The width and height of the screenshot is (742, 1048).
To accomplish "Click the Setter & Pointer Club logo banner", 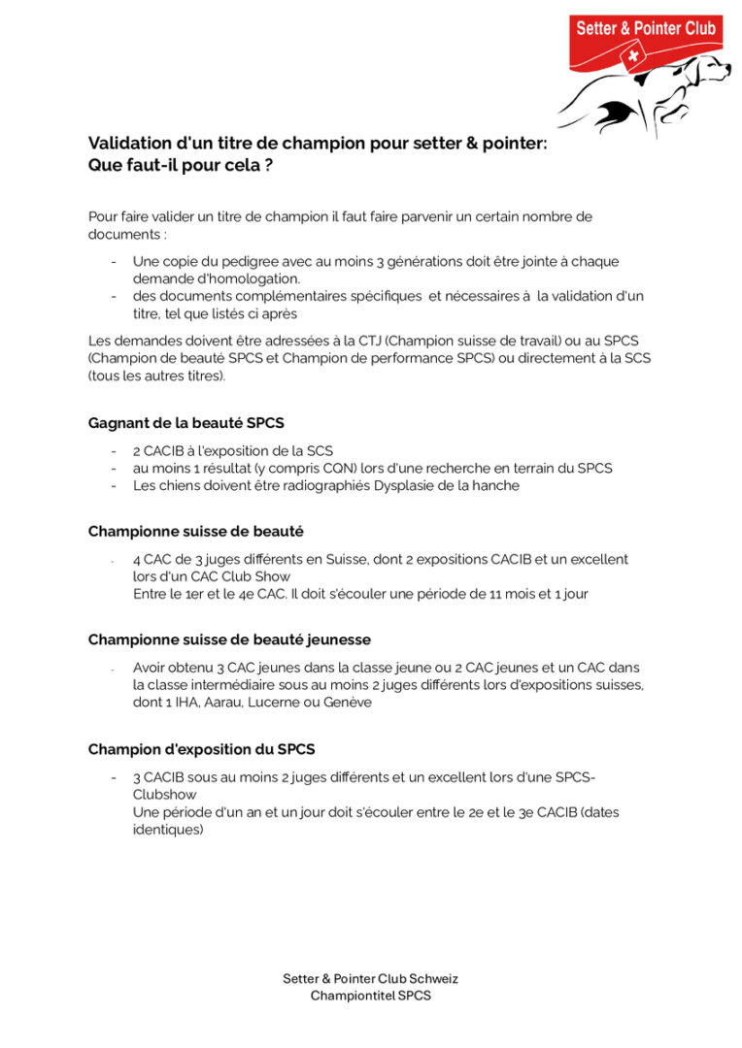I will [645, 29].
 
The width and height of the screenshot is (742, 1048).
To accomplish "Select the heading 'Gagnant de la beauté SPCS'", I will [185, 423].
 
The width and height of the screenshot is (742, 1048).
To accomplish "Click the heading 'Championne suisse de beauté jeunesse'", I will [229, 640].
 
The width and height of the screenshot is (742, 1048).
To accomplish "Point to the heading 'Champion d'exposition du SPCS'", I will [201, 749].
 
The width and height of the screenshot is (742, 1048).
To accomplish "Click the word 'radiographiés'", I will [302, 485].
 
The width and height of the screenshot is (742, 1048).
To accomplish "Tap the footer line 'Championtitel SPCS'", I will [370, 996].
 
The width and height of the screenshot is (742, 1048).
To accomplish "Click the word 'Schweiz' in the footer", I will [433, 978].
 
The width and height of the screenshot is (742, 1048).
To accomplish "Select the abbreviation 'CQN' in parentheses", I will [341, 468].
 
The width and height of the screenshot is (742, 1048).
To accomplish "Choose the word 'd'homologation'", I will [222, 278].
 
